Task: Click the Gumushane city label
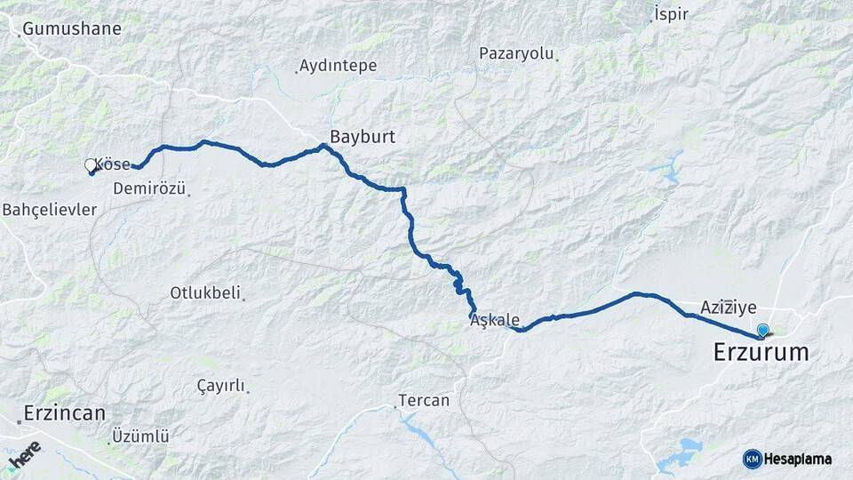(72, 28)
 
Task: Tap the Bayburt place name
(362, 137)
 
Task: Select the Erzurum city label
(761, 353)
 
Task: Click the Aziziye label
(728, 308)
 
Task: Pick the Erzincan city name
(65, 413)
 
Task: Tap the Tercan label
(424, 401)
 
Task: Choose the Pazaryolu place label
(516, 53)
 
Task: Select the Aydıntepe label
(338, 66)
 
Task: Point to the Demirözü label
(149, 188)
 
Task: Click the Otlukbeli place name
(205, 292)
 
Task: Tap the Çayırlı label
(220, 385)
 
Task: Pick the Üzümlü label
(140, 436)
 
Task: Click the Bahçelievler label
(50, 210)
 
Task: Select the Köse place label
(113, 164)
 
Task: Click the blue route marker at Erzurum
(762, 331)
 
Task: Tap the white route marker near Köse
(90, 165)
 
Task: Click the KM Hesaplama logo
(787, 459)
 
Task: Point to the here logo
(24, 453)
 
